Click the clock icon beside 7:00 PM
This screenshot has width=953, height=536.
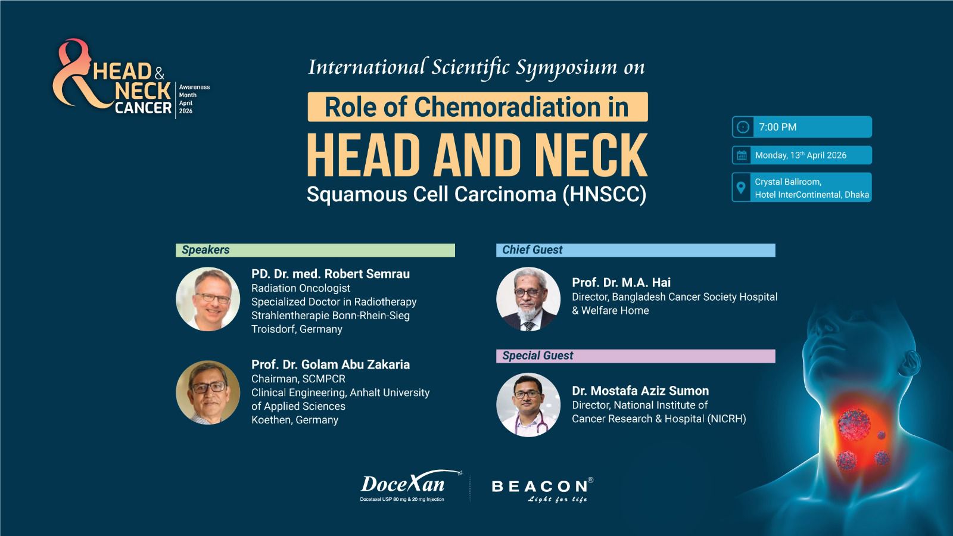[x=743, y=127]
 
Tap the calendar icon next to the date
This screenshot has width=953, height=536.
[x=742, y=155]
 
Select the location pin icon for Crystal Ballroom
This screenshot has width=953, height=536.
[x=741, y=187]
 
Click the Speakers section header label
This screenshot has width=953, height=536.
[x=205, y=250]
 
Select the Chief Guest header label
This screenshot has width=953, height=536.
[x=532, y=250]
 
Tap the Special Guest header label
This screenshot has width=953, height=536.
[x=538, y=356]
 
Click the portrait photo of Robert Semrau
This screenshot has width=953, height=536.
[x=208, y=299]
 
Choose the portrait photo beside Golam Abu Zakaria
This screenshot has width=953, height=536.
[x=208, y=392]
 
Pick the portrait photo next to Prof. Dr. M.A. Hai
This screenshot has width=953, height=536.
[x=528, y=299]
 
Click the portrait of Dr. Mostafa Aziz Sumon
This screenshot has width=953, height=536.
[x=528, y=405]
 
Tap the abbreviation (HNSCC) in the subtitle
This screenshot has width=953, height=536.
[x=604, y=194]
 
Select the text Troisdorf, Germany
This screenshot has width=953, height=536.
[x=297, y=329]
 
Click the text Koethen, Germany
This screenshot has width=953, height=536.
[x=295, y=420]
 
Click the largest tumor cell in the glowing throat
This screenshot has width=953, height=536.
[x=854, y=424]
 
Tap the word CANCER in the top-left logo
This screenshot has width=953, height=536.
[x=144, y=108]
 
